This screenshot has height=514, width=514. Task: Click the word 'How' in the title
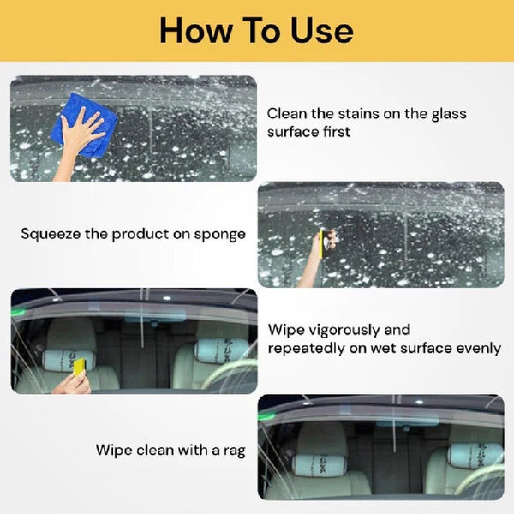[196, 30]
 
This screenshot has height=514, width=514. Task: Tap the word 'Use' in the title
[322, 30]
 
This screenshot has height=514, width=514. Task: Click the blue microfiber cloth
[83, 125]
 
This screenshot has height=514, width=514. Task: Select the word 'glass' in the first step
[449, 115]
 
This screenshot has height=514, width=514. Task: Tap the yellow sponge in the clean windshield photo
[80, 367]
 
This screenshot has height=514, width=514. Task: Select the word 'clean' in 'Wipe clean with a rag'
[155, 450]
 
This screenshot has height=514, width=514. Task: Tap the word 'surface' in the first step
[292, 132]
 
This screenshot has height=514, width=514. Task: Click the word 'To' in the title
[261, 30]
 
